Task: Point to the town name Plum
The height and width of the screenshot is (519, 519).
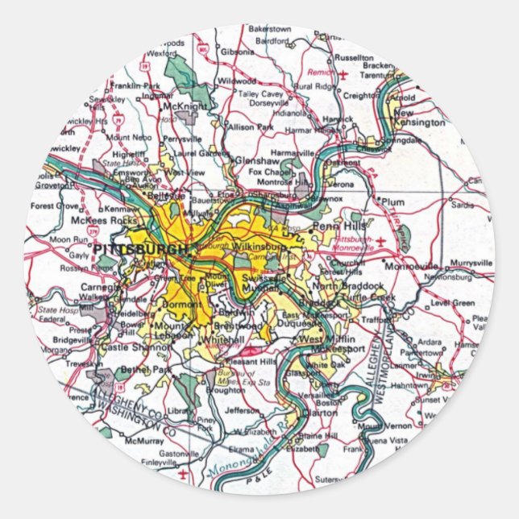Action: [392, 201]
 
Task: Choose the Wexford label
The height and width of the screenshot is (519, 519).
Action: [161, 53]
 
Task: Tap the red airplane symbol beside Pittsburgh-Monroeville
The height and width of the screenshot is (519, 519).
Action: [402, 239]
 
